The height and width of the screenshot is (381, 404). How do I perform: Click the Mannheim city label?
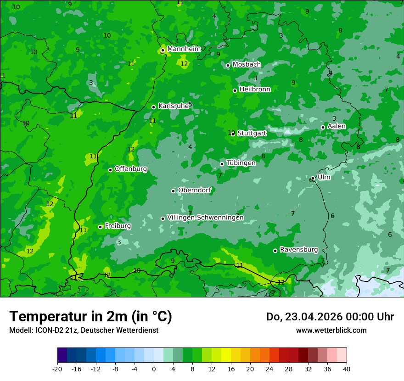coord(184,49)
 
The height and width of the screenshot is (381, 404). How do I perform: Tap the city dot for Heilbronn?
coord(235,90)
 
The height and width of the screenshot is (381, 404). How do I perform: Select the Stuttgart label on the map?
coord(252,133)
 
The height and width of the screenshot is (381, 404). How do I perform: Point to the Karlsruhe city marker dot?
coord(154,107)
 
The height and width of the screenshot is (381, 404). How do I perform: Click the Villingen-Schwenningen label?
coord(205,218)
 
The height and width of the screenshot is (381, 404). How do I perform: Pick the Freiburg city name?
coord(118,226)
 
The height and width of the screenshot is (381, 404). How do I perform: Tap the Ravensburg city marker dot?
coord(275,251)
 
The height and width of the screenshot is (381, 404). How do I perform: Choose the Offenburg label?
coord(131,169)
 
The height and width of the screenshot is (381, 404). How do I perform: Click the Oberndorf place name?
coord(194,190)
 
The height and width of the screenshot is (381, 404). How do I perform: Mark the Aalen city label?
coord(337,126)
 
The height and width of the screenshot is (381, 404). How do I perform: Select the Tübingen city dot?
coord(222,164)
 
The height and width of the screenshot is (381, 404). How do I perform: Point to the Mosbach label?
coord(247,65)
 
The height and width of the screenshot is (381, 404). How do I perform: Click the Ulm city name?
coord(324,177)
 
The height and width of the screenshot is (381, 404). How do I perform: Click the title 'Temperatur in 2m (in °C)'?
coord(90,317)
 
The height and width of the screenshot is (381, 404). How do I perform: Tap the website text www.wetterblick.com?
coord(331,330)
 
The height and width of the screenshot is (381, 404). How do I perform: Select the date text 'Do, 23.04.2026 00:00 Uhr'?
coord(330,317)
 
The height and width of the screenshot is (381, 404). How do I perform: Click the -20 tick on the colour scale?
coord(57,369)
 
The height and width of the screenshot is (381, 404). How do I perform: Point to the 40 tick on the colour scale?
coord(347,369)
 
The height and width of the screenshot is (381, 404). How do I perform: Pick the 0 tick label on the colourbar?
coord(154,369)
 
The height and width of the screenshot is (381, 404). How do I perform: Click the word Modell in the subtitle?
coord(20,330)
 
